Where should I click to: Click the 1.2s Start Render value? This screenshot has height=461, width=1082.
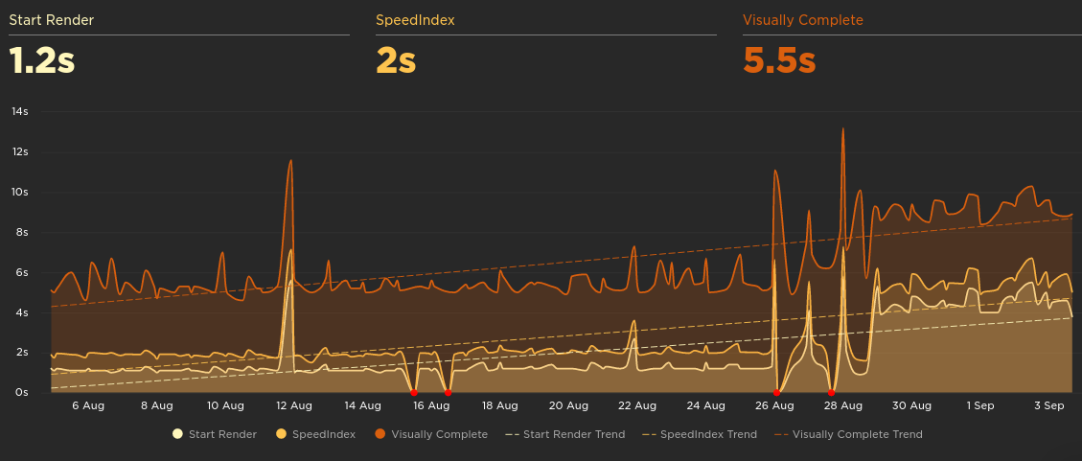click(42, 60)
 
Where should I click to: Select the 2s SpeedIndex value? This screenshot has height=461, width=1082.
click(396, 60)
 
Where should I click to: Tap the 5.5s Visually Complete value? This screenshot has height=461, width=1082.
click(779, 60)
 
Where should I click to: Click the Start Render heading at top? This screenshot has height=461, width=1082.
click(52, 19)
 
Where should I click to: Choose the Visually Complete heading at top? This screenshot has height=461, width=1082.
click(803, 19)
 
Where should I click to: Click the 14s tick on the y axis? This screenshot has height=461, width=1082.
click(19, 111)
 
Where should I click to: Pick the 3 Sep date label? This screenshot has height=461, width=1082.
click(1049, 405)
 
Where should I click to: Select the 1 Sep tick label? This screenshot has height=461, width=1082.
click(980, 405)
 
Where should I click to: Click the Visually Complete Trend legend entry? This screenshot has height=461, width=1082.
click(849, 434)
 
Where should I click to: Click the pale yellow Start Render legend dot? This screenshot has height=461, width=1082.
click(177, 434)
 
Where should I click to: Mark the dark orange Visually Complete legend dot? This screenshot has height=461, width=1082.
click(380, 434)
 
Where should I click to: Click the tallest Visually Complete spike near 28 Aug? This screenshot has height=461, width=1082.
click(843, 129)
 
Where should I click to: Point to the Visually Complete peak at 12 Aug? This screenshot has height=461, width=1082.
click(290, 161)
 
